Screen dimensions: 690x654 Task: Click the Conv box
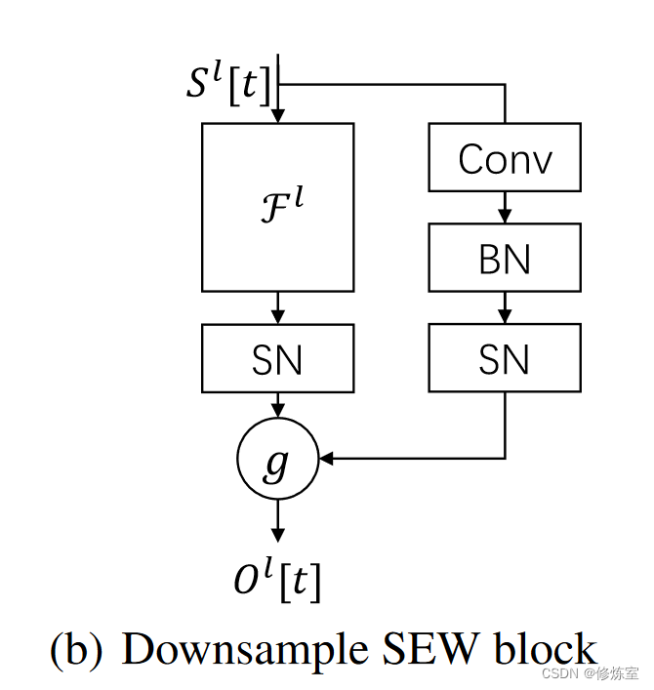(x=505, y=157)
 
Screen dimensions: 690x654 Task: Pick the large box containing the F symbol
(x=277, y=206)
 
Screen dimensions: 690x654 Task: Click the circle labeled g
(x=277, y=459)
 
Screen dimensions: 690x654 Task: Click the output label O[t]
(x=277, y=582)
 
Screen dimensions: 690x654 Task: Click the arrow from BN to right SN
(x=505, y=307)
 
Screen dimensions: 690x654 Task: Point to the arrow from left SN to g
(x=277, y=404)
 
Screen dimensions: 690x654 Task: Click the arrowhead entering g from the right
(x=327, y=458)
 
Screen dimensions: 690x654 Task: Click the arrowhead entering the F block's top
(x=277, y=116)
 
